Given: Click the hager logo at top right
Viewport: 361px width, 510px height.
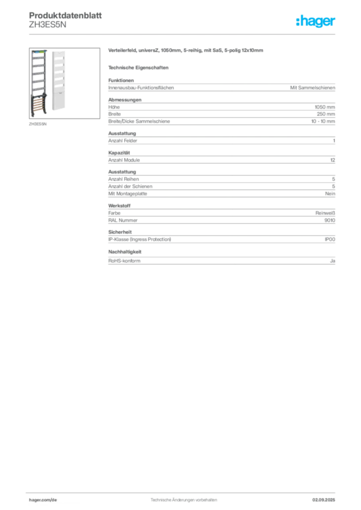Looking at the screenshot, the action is tap(316, 21).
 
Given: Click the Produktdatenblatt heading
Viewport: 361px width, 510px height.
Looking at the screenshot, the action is tap(65, 15).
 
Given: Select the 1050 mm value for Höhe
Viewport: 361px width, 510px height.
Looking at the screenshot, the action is tap(325, 107).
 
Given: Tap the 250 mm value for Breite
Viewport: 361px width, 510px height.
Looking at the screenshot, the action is tap(326, 114).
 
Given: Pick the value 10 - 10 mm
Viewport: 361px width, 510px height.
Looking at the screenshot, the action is tap(323, 122).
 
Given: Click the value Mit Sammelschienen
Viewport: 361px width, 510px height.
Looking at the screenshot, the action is tap(313, 88).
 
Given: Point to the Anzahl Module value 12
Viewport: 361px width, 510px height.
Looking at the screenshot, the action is tap(333, 160).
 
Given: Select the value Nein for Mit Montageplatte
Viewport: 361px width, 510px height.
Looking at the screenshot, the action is tap(330, 194).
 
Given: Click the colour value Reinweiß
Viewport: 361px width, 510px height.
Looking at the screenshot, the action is tap(325, 213).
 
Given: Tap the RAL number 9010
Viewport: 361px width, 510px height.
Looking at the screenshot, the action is tap(330, 220).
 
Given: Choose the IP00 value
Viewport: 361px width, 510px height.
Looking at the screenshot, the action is tap(330, 240).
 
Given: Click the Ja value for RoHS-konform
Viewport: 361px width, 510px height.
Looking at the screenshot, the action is tap(333, 261).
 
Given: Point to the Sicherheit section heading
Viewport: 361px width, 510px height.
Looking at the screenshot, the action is tap(120, 232).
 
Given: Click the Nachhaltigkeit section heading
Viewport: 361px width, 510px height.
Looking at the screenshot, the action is tap(125, 252).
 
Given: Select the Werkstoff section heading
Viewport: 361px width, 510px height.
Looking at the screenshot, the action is tap(119, 206).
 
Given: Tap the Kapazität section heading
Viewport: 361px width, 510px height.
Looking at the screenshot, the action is tap(119, 152).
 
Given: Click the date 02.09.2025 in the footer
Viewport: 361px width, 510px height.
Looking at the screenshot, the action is tap(324, 500).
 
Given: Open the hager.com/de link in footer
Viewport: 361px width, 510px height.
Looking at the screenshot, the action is tap(43, 500).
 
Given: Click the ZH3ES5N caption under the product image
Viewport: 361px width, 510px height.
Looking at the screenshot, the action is tap(38, 124).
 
